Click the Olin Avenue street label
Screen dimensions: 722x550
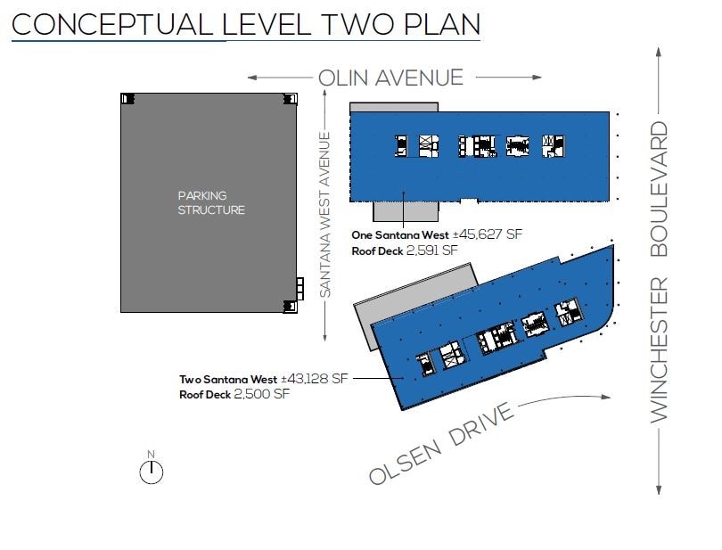coord(390,78)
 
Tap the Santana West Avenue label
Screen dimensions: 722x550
coord(325,215)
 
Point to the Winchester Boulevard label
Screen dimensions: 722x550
coord(659,272)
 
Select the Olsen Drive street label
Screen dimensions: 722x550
coord(441,443)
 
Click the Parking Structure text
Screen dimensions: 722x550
coord(211,202)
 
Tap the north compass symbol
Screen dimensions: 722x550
coord(151,468)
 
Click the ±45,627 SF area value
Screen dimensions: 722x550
coord(488,234)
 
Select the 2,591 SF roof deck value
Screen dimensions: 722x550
coord(432,250)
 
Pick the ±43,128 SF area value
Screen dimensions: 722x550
coord(315,379)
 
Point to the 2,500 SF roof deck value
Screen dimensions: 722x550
coord(261,394)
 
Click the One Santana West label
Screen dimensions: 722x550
coord(399,235)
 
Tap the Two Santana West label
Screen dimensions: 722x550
coord(228,380)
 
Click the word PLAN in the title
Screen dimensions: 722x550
coord(441,24)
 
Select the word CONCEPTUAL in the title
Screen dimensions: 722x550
coord(112,24)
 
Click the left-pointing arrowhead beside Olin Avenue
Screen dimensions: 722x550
coord(252,78)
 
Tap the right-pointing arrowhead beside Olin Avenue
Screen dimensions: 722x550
coord(537,78)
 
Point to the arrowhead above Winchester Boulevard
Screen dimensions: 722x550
coord(659,52)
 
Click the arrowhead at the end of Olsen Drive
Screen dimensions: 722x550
coord(606,397)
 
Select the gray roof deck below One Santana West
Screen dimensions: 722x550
coord(406,211)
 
